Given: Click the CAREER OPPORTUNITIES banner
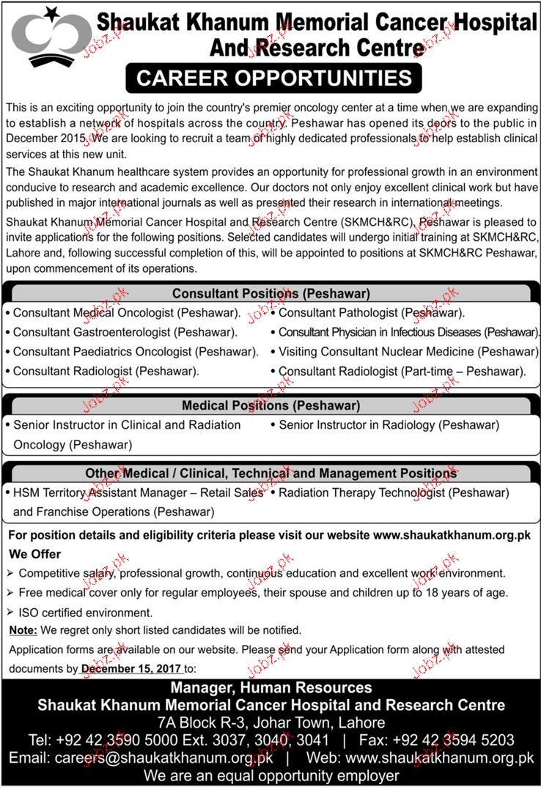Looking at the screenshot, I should pos(270,78).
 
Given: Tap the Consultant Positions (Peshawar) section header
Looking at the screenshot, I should pos(270,294).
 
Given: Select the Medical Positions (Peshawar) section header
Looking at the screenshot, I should pos(270,405).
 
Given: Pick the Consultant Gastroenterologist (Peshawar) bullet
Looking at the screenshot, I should pos(125,332).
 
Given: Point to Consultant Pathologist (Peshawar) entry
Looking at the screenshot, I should pos(372,313).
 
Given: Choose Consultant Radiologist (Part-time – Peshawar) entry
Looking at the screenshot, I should pos(402,372).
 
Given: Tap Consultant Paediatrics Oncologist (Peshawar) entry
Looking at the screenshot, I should pos(136,352).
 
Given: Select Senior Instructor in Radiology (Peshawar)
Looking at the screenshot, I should pos(389,425).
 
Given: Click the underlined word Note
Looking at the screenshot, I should pos(22,630).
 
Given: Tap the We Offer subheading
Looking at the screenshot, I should pos(35,554).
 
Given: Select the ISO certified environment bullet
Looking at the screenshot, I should pos(86,611).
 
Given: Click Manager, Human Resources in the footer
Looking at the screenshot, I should pos(270,687).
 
